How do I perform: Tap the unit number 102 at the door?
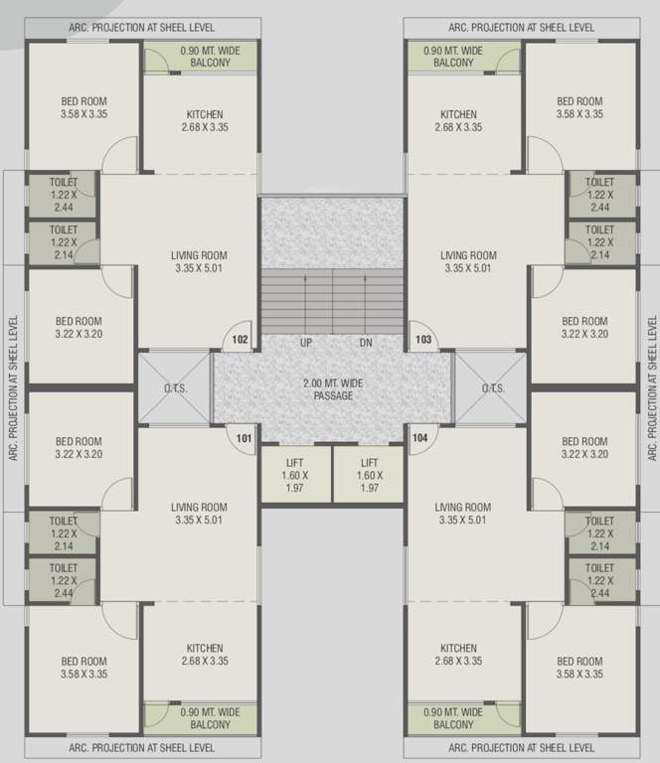pyautogui.click(x=241, y=340)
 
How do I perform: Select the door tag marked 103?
pyautogui.click(x=422, y=340)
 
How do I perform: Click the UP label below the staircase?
pyautogui.click(x=306, y=343)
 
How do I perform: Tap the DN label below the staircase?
pyautogui.click(x=366, y=343)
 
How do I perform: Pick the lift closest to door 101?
pyautogui.click(x=296, y=475)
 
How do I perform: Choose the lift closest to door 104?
pyautogui.click(x=369, y=475)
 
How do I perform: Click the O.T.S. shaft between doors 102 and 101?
pyautogui.click(x=175, y=388)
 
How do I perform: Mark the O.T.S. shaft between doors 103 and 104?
pyautogui.click(x=492, y=388)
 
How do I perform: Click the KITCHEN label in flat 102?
pyautogui.click(x=205, y=121)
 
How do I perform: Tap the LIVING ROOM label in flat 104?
pyautogui.click(x=463, y=513)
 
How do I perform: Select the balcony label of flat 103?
pyautogui.click(x=454, y=57)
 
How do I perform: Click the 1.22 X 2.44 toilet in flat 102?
pyautogui.click(x=63, y=195)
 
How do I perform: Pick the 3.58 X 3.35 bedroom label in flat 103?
pyautogui.click(x=579, y=107)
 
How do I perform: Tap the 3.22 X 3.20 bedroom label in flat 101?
pyautogui.click(x=79, y=448)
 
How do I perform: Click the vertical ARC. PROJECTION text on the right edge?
pyautogui.click(x=652, y=387)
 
